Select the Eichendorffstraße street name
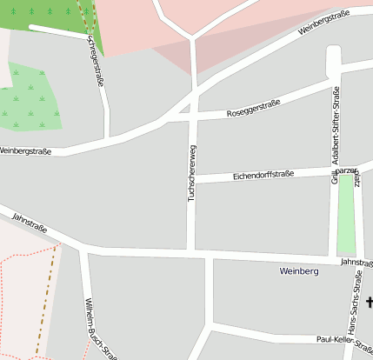point(263,176)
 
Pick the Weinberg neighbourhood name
point(299,271)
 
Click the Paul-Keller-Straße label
point(344,340)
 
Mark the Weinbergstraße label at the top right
point(323,22)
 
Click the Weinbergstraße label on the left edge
point(24,151)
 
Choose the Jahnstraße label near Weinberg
point(356,262)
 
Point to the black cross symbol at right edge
point(370,302)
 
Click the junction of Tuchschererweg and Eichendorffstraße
point(192,179)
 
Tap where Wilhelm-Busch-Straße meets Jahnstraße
point(83,250)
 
